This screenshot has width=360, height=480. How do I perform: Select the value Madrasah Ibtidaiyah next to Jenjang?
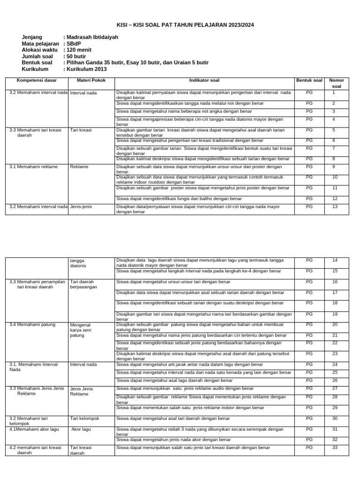[90, 37]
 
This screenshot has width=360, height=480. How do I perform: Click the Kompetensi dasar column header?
[37, 80]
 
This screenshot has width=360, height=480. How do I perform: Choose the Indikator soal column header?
[204, 80]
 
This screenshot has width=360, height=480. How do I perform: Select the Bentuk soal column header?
[309, 80]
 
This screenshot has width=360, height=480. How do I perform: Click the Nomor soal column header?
[337, 83]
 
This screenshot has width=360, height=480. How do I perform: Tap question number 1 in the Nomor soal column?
[334, 92]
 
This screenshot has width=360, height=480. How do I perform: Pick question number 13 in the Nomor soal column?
[335, 206]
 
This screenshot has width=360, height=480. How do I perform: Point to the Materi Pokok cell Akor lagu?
[81, 429]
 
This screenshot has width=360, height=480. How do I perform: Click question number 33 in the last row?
[335, 448]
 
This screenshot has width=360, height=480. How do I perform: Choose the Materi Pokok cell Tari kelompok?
[84, 419]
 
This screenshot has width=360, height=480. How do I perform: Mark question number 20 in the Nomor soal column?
[335, 324]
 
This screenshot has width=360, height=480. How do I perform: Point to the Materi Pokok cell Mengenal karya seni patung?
[80, 330]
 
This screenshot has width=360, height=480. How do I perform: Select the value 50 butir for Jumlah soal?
[76, 56]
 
